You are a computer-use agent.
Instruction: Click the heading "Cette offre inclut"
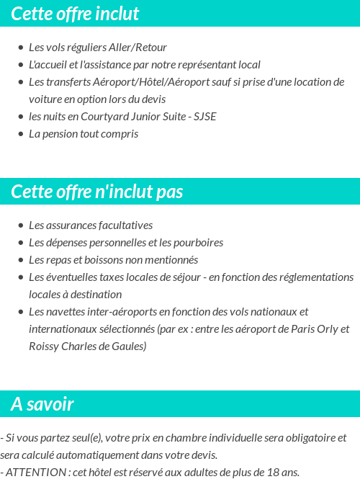coord(75,14)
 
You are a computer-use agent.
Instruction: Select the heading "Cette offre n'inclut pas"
coord(97,192)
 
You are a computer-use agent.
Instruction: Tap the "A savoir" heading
coord(42,404)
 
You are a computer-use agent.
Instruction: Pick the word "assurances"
coord(72,225)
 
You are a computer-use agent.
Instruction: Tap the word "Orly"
coord(324,329)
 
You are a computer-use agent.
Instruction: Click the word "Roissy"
coord(45,346)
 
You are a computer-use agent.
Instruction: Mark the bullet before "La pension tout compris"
coord(21,135)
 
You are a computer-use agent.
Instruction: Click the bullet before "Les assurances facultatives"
coord(21,226)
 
